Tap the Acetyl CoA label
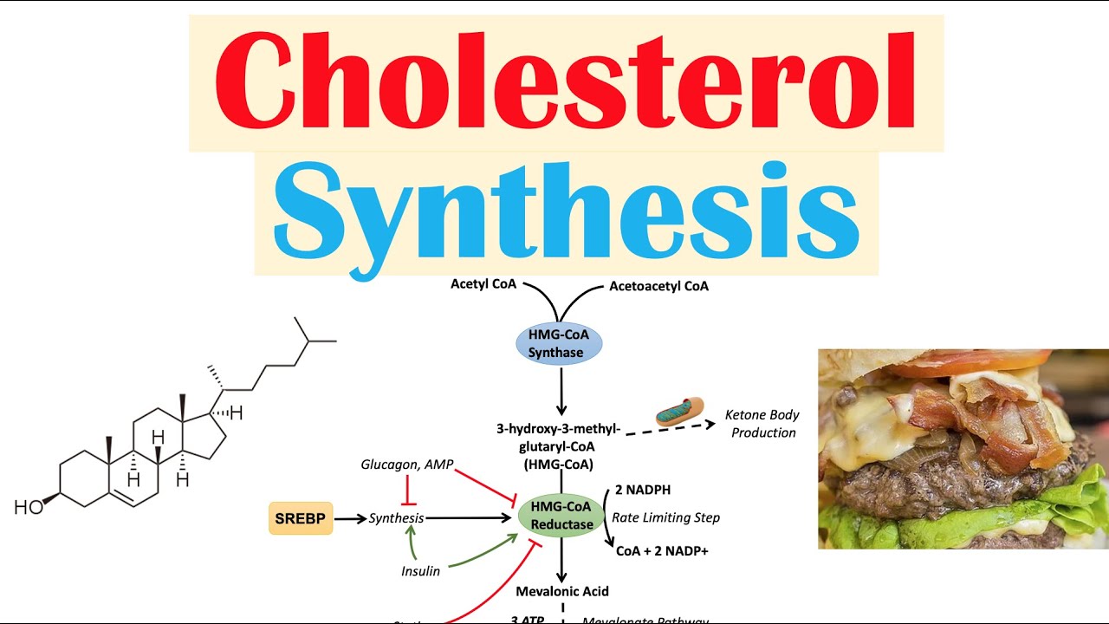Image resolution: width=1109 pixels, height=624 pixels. tap(483, 284)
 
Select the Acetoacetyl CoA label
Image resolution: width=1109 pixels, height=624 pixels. tap(658, 286)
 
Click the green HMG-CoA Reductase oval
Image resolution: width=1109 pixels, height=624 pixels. tap(561, 516)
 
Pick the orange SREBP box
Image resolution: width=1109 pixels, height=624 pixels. tap(300, 518)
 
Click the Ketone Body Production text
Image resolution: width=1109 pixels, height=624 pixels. tap(762, 424)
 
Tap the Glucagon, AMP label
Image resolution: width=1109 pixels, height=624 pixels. tap(407, 465)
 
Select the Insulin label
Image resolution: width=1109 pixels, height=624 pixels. tap(420, 571)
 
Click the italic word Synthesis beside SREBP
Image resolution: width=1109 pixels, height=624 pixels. tap(396, 518)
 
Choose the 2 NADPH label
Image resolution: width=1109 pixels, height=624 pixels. tap(643, 490)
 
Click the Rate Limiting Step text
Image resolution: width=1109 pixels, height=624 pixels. tap(665, 517)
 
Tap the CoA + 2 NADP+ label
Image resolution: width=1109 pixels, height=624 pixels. tap(662, 549)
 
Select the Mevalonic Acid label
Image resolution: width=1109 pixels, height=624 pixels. tap(561, 591)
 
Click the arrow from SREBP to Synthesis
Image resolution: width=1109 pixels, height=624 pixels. tap(349, 518)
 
